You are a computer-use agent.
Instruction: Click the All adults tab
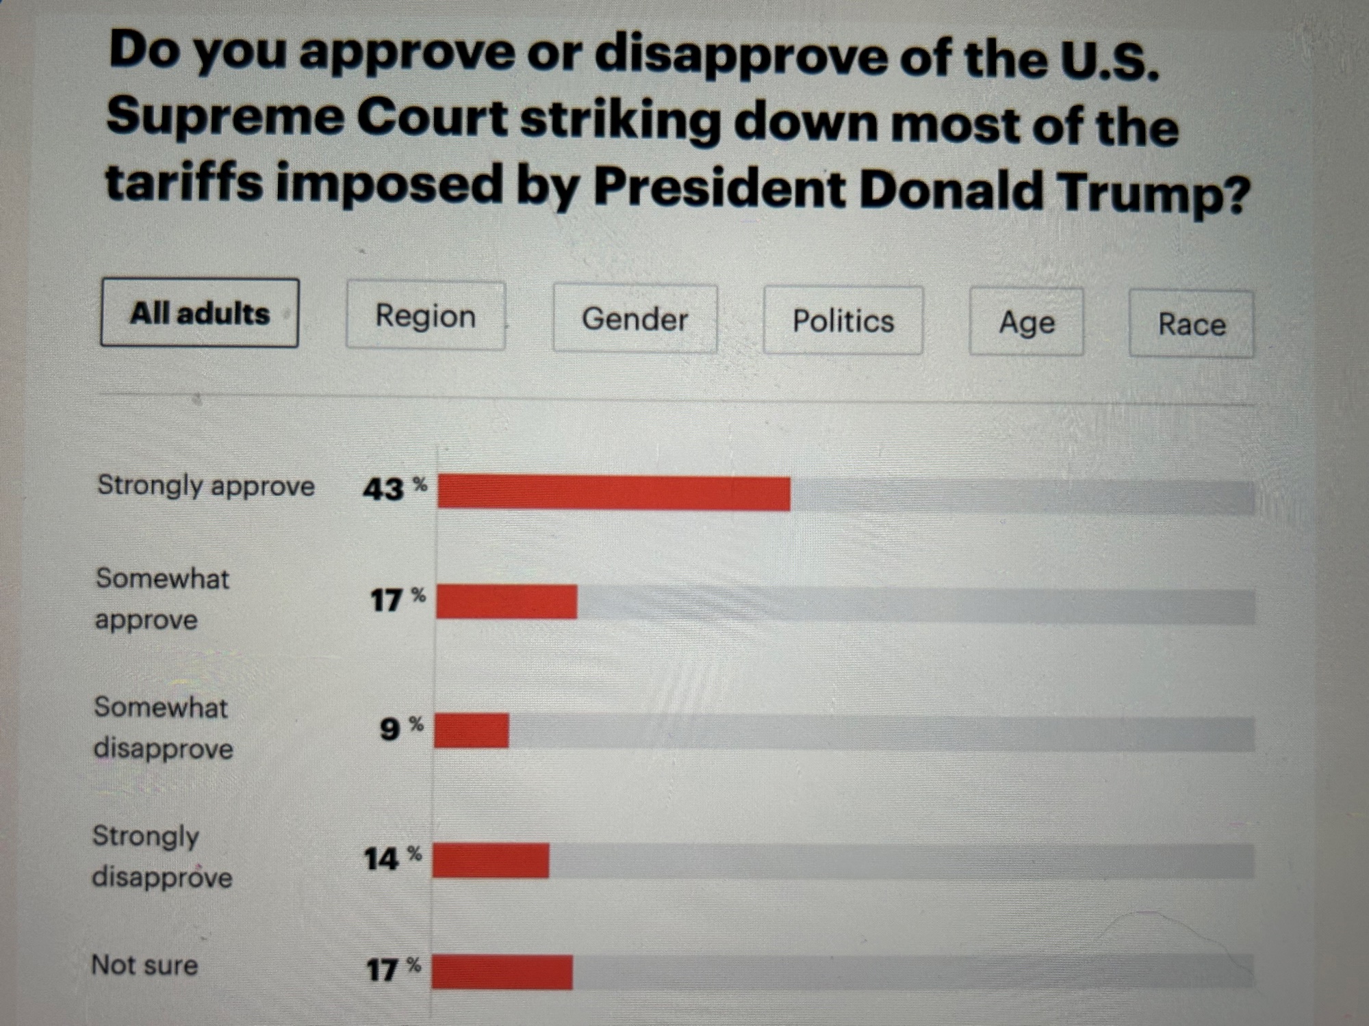(x=199, y=313)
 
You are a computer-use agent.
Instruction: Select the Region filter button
(x=426, y=317)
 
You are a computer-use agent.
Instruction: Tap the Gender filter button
(x=635, y=319)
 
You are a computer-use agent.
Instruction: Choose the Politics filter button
(x=843, y=321)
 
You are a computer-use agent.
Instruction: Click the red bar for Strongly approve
(x=614, y=493)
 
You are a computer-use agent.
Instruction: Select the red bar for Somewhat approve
(x=507, y=603)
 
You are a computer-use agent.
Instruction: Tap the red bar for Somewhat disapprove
(x=472, y=731)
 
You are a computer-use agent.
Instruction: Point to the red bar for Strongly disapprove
(x=491, y=860)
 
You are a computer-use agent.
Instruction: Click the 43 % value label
(x=394, y=488)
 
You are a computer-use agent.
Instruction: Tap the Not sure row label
(x=144, y=965)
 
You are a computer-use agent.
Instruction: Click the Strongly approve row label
(x=206, y=486)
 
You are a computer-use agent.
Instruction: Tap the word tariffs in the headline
(x=184, y=183)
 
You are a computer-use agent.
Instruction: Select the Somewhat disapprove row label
(x=163, y=728)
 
